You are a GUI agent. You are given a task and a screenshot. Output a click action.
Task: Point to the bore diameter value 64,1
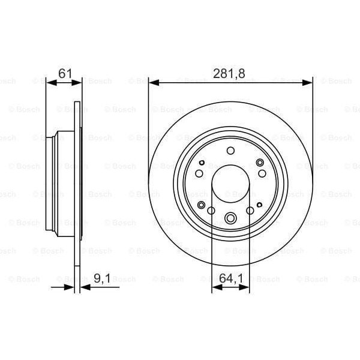point(231,278)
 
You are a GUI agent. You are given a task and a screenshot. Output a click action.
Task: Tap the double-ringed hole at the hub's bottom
point(231,218)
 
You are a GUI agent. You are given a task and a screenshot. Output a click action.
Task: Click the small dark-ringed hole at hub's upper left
point(202,163)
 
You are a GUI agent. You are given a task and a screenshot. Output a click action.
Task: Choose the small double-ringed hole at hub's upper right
point(260,163)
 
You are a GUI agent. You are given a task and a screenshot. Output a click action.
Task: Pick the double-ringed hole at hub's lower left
point(202,205)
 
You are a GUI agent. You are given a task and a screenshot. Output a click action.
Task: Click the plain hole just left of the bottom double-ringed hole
point(211,210)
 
